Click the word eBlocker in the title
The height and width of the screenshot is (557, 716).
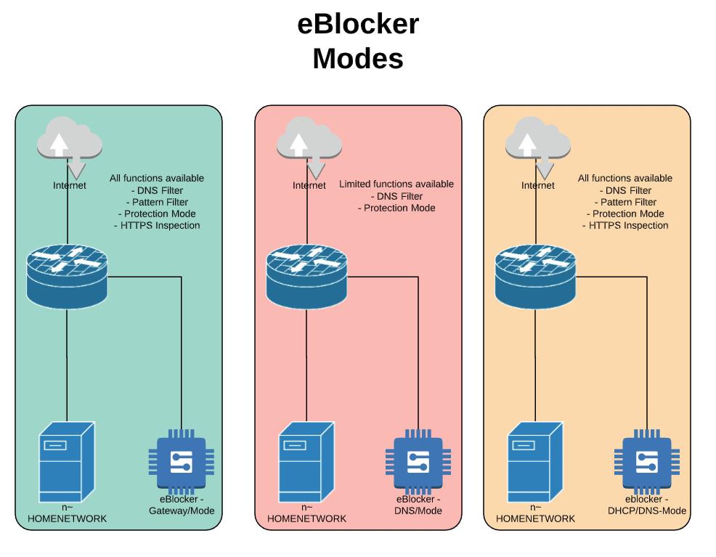(x=358, y=24)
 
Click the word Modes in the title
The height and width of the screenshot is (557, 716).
(x=358, y=58)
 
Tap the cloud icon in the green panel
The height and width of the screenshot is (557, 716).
(x=69, y=142)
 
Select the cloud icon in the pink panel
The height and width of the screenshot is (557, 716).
(x=309, y=142)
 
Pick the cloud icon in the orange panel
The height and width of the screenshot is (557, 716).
(x=537, y=142)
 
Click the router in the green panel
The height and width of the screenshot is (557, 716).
(x=67, y=275)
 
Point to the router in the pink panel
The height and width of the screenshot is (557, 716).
(x=306, y=276)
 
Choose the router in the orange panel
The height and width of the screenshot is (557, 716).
(x=535, y=276)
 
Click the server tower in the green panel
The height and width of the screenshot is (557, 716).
(x=67, y=458)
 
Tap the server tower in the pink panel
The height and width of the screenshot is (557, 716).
(x=306, y=458)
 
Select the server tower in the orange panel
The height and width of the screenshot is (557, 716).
(x=534, y=458)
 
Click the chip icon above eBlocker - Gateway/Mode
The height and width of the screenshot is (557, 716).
(x=181, y=459)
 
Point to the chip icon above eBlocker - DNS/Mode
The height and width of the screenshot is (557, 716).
(x=418, y=459)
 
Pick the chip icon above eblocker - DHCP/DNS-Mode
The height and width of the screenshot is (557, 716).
(x=646, y=459)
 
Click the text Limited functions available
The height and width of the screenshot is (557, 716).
(x=396, y=184)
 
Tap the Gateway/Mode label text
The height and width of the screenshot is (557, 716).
(x=181, y=511)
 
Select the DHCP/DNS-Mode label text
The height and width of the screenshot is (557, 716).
(x=646, y=511)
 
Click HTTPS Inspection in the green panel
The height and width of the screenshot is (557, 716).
(x=157, y=225)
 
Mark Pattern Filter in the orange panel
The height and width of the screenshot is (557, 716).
(x=625, y=202)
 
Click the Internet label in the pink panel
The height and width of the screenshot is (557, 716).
(x=309, y=185)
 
